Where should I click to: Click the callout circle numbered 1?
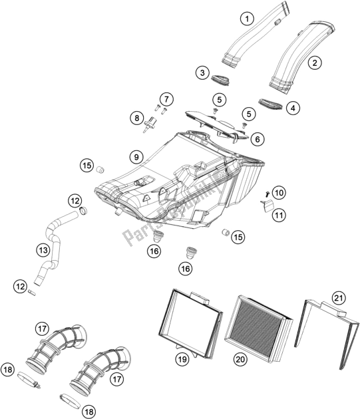pyautogui.click(x=247, y=19)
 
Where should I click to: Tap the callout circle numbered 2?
pyautogui.click(x=315, y=63)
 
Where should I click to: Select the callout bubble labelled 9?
pyautogui.click(x=136, y=157)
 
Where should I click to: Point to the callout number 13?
pyautogui.click(x=43, y=250)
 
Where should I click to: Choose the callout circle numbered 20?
pyautogui.click(x=240, y=359)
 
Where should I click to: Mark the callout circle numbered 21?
pyautogui.click(x=339, y=298)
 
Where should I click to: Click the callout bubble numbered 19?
pyautogui.click(x=182, y=359)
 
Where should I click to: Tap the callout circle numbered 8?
pyautogui.click(x=137, y=118)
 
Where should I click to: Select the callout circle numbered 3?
pyautogui.click(x=202, y=72)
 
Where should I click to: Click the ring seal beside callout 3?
pyautogui.click(x=221, y=80)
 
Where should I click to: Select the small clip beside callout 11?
pyautogui.click(x=268, y=206)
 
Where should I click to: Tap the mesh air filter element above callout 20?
pyautogui.click(x=258, y=328)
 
